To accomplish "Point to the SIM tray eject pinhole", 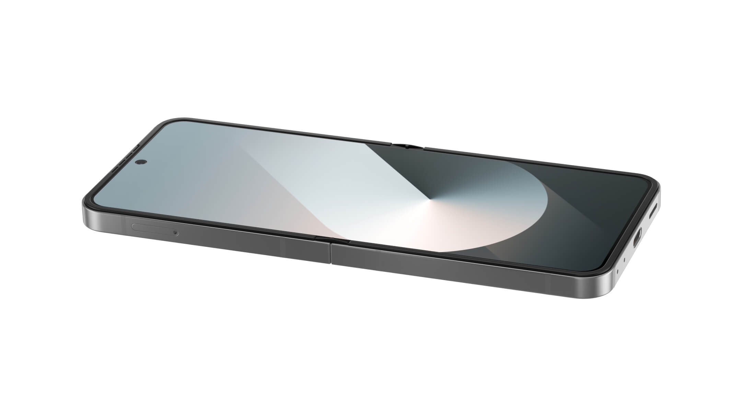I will click(176, 233).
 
